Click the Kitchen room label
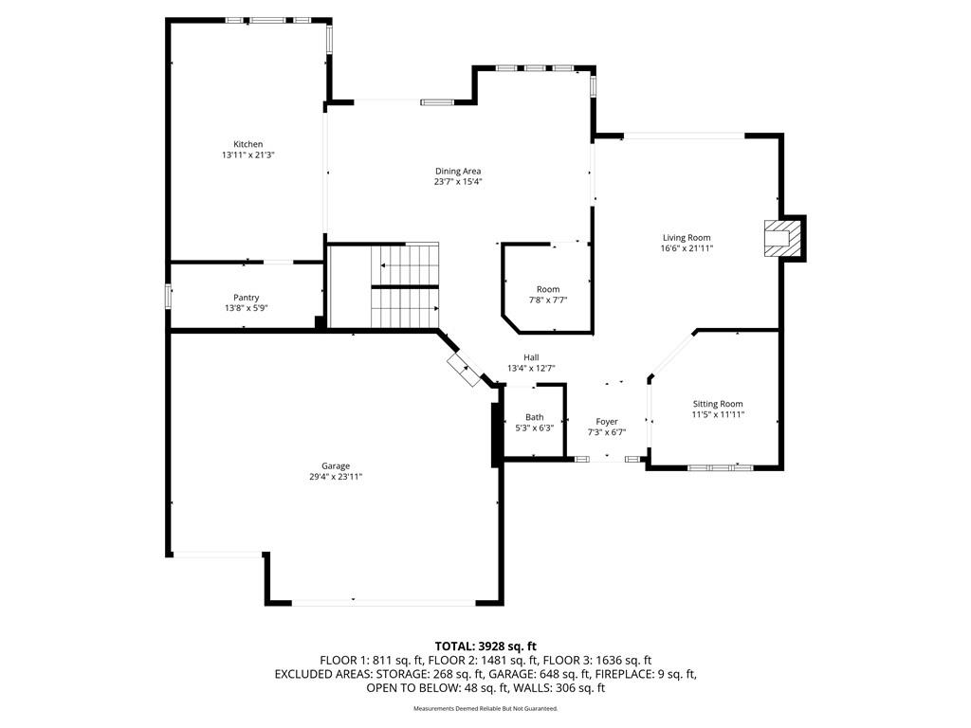[247, 144]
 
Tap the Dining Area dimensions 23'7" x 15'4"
[458, 182]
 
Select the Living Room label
[687, 238]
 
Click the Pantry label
[247, 298]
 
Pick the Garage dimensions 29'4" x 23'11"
[336, 477]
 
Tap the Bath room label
[535, 417]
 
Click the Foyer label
[607, 422]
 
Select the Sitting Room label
[718, 404]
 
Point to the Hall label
[531, 357]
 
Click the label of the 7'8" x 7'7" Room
[548, 289]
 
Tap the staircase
[405, 286]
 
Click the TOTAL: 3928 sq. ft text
[485, 646]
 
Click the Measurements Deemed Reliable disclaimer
[485, 708]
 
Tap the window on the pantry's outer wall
[168, 296]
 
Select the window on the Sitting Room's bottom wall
[721, 467]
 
